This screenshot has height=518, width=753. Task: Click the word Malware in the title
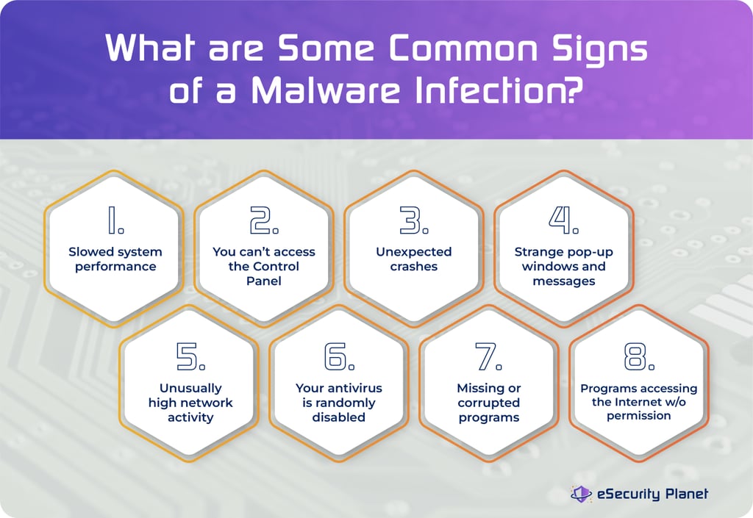click(x=326, y=93)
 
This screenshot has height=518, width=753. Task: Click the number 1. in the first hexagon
click(x=115, y=220)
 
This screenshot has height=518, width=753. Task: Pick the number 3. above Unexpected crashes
click(x=413, y=220)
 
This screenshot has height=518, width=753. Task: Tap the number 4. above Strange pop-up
click(x=563, y=220)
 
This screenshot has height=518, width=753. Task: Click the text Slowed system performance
click(x=115, y=259)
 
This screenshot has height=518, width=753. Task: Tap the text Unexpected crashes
click(x=413, y=259)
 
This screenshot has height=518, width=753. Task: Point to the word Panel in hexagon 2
click(x=264, y=281)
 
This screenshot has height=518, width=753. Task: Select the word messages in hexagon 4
click(x=563, y=281)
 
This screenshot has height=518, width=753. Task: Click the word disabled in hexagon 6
click(x=339, y=417)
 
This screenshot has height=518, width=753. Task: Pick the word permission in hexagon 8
click(x=639, y=416)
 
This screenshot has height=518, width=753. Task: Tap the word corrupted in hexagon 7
click(x=489, y=403)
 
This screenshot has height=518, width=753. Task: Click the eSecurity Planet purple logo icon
click(x=582, y=494)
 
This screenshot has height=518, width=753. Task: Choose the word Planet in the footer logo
click(x=683, y=494)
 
